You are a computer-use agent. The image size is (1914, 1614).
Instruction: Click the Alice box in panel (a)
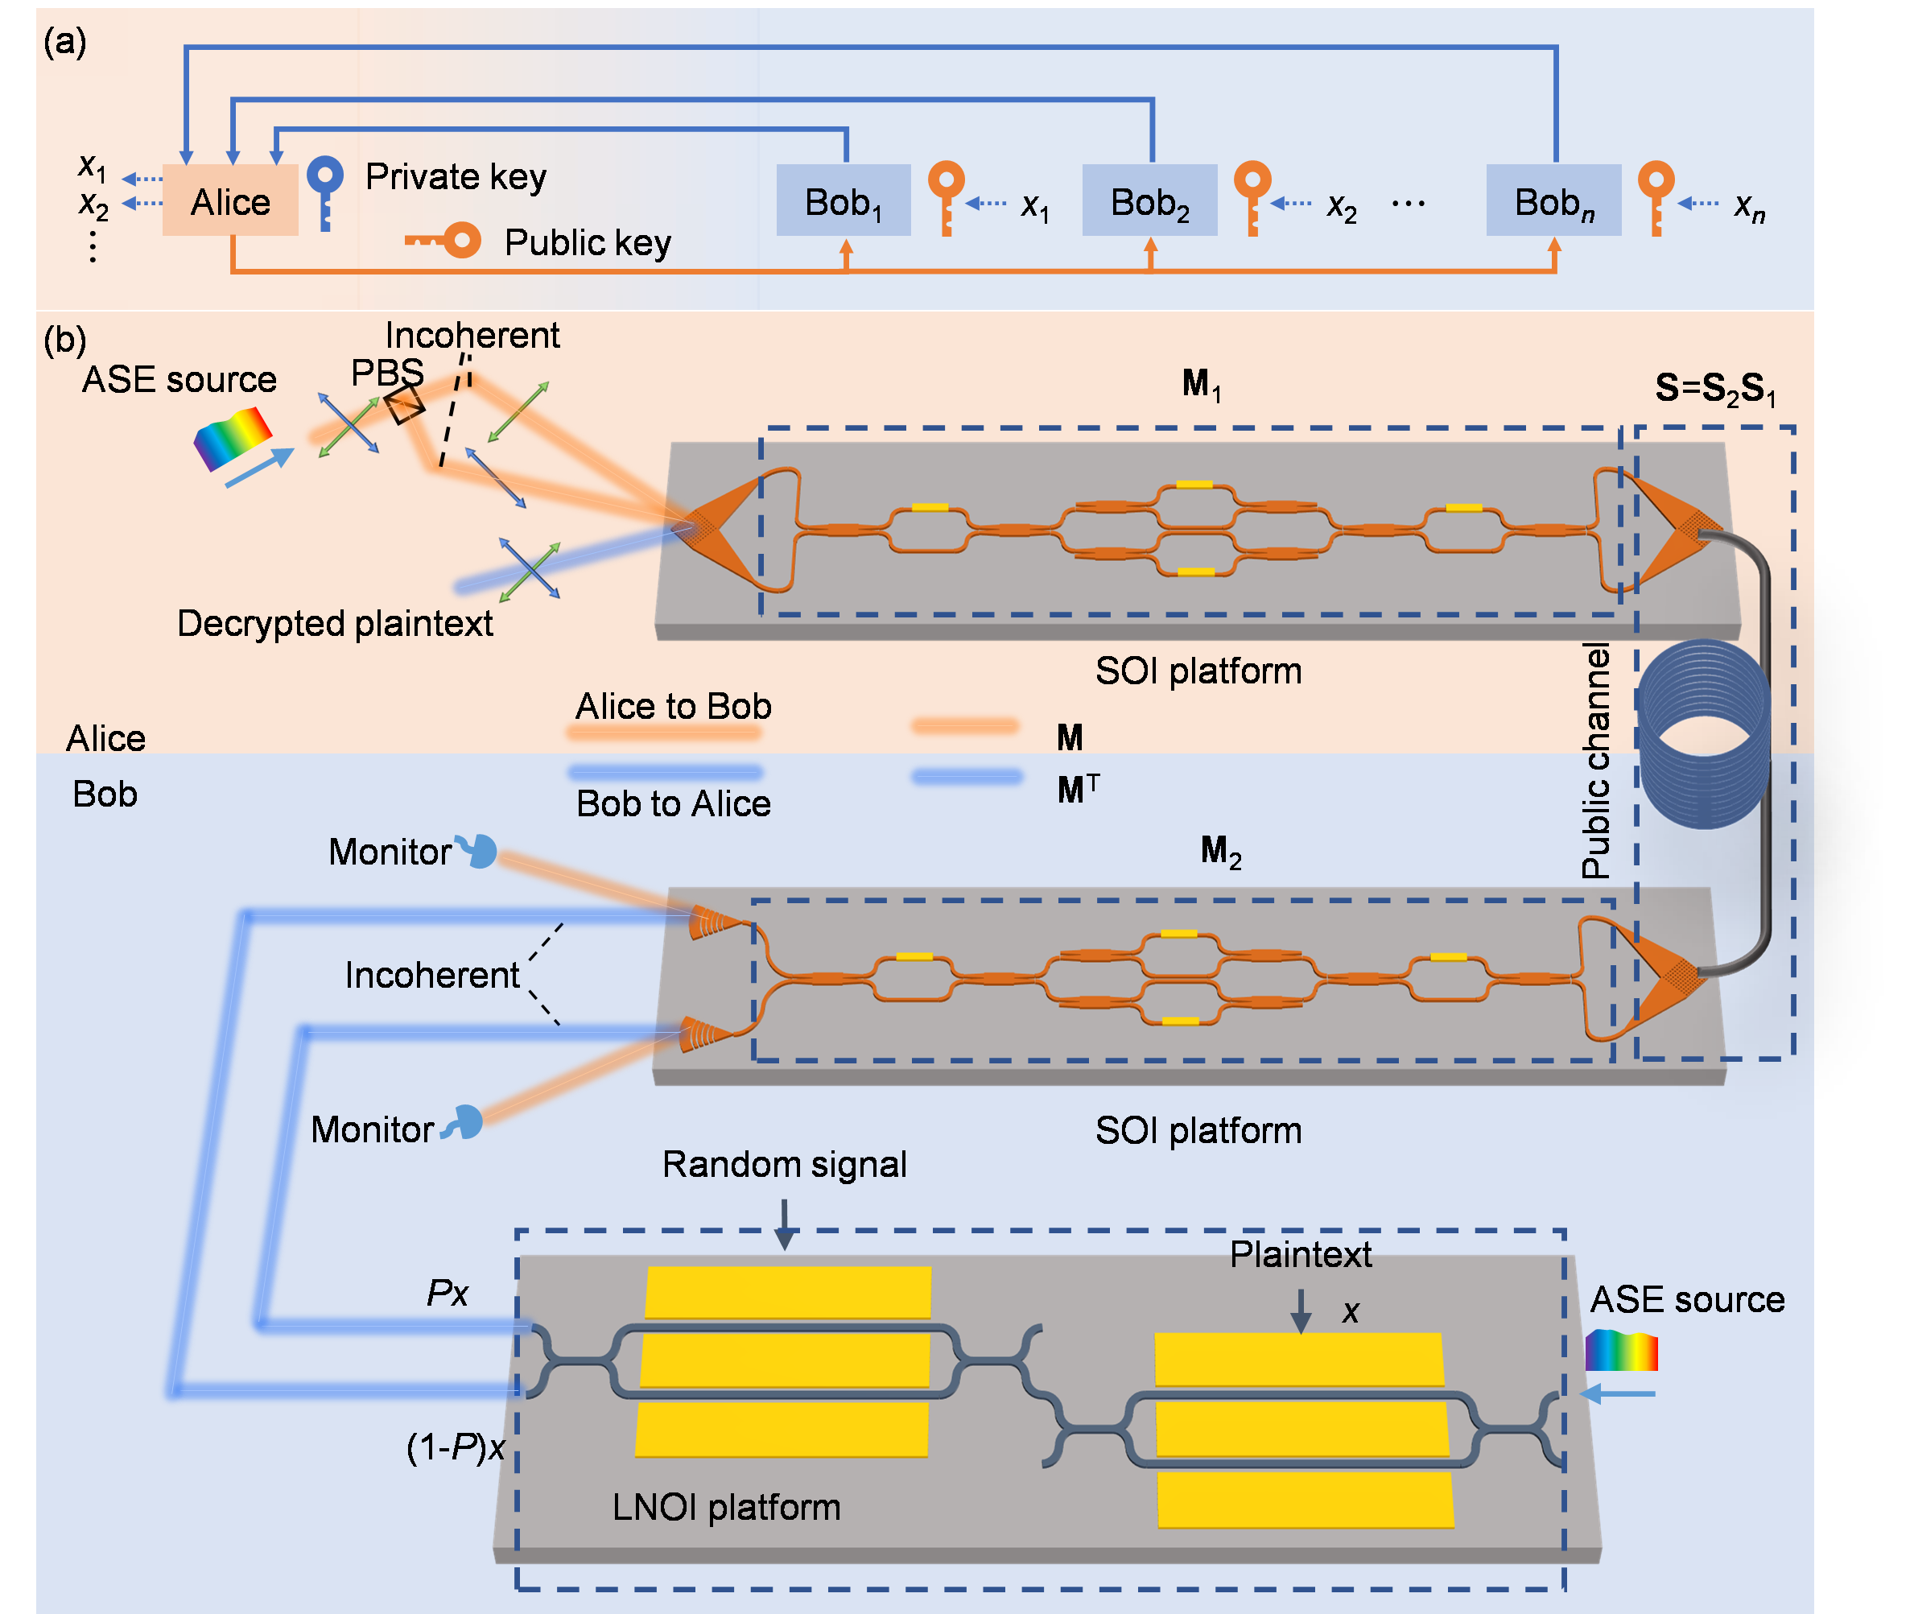click(x=230, y=200)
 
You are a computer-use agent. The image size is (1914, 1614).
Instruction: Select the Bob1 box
click(x=844, y=200)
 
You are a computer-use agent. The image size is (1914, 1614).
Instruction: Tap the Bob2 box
click(x=1150, y=200)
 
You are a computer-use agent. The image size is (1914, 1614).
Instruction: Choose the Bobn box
click(x=1553, y=200)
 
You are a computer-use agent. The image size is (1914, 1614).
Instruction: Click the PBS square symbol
click(x=404, y=403)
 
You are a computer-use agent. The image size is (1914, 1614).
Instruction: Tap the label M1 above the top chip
click(x=1202, y=384)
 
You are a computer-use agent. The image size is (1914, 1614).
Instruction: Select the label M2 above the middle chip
click(x=1220, y=851)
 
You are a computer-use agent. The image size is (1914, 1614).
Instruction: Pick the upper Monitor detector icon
click(x=480, y=851)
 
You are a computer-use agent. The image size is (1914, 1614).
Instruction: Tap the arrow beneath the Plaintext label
click(x=1301, y=1311)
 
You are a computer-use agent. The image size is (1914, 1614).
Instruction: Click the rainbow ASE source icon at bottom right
click(x=1621, y=1351)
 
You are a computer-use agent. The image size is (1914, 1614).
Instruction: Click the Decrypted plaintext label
click(x=335, y=623)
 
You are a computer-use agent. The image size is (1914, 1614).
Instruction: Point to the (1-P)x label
click(x=456, y=1447)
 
